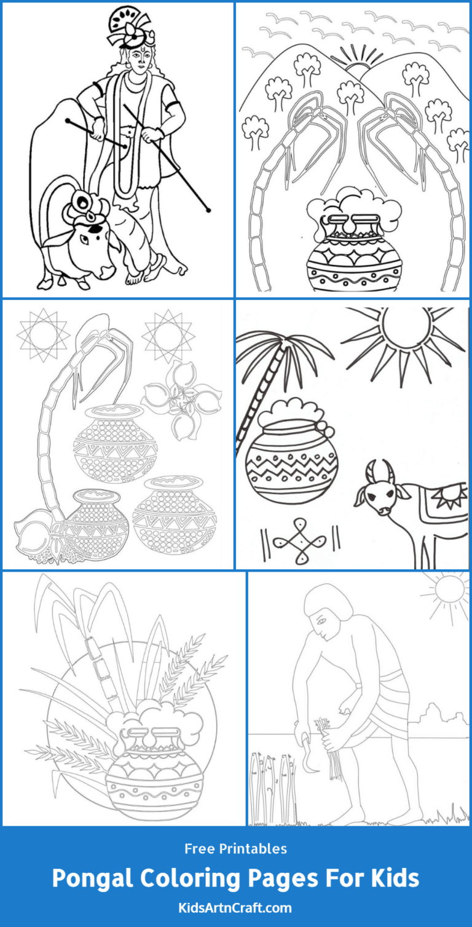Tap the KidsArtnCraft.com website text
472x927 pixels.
coord(236,907)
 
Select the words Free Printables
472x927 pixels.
coord(236,849)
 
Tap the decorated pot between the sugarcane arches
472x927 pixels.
coord(354,252)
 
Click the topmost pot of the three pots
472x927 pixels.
coord(116,443)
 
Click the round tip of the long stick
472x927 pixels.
coord(209,210)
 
